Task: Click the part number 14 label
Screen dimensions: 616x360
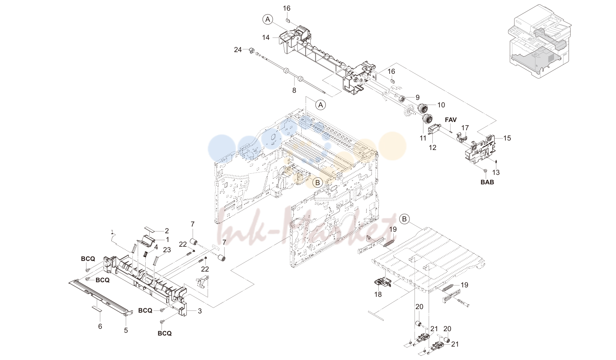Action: click(x=266, y=37)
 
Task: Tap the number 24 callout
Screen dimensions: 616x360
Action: click(x=238, y=50)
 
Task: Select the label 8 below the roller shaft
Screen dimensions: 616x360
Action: click(x=294, y=90)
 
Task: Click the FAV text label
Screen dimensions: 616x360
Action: click(x=451, y=120)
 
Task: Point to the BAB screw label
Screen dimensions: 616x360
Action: click(x=487, y=182)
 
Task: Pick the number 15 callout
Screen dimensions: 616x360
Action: click(x=507, y=138)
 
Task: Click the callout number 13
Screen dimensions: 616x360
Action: click(x=496, y=172)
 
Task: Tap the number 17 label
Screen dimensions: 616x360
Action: click(x=465, y=128)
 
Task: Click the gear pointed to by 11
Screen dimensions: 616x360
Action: click(x=427, y=120)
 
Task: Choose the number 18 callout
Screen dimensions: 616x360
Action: click(x=378, y=294)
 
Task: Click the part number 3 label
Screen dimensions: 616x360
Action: click(x=200, y=311)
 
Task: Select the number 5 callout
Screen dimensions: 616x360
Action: click(x=126, y=330)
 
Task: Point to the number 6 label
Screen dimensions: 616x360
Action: click(x=100, y=326)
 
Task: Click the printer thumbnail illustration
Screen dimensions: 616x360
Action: click(x=539, y=41)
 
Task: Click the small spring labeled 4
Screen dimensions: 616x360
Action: click(x=146, y=255)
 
